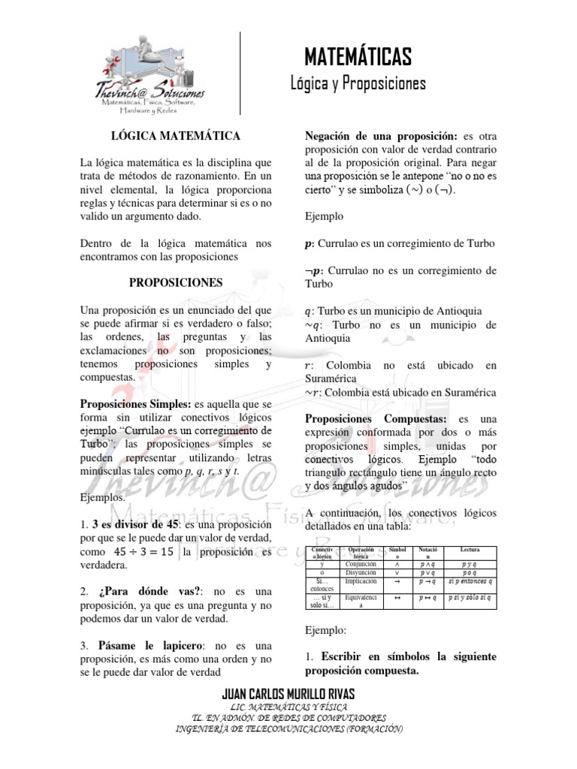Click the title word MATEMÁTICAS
pos(358,56)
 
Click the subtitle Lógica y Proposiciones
pos(358,83)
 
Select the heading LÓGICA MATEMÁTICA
pos(176,136)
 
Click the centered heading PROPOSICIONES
pos(176,283)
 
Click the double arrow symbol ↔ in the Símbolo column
pos(397,598)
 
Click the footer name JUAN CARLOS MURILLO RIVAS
pos(288,693)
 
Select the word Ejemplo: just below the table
pos(325,631)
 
